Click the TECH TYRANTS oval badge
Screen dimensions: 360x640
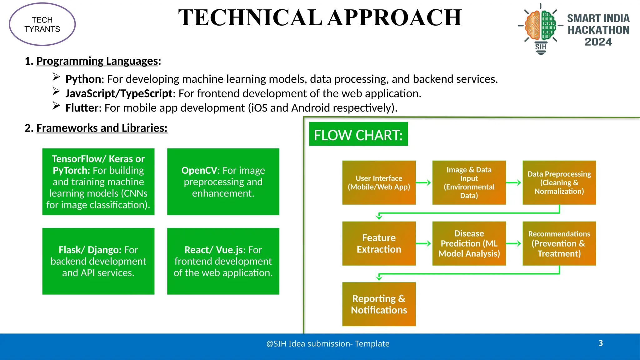point(42,24)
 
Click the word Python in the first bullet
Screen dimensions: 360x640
point(83,79)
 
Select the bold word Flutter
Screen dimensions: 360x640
point(82,108)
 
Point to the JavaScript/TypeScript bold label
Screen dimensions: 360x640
point(119,93)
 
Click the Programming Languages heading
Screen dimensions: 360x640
point(97,61)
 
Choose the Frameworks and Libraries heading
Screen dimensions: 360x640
point(102,128)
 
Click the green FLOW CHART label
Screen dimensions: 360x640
point(358,135)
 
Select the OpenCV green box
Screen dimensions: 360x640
point(223,182)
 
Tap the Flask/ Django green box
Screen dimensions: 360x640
point(98,261)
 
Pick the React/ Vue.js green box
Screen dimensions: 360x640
point(223,261)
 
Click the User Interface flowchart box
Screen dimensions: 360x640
point(379,182)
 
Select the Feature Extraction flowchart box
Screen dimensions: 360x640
point(379,243)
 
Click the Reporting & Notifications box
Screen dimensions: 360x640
point(379,304)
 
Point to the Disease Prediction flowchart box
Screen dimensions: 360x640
point(469,243)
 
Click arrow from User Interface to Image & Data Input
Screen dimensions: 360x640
point(424,182)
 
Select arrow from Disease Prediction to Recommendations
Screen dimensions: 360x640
point(514,243)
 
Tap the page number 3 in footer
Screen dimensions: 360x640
point(601,343)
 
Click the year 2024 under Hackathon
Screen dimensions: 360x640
point(598,42)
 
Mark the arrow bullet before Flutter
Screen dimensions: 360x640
point(56,106)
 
